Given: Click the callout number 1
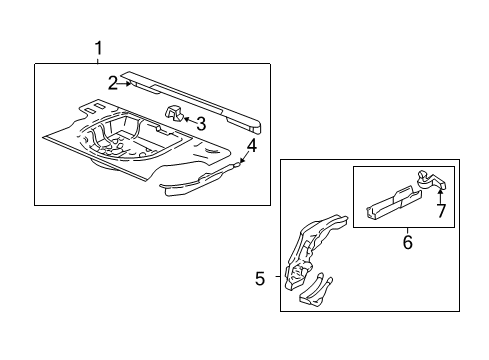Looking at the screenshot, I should click(x=98, y=48).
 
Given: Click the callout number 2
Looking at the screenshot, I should click(x=114, y=83).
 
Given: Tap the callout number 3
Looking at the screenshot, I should click(x=201, y=124).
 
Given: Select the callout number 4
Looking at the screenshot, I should click(x=252, y=147).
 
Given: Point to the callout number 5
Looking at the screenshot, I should click(x=260, y=279).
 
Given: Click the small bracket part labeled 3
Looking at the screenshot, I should click(x=172, y=114).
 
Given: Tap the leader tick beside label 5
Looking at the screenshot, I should click(x=275, y=279).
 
